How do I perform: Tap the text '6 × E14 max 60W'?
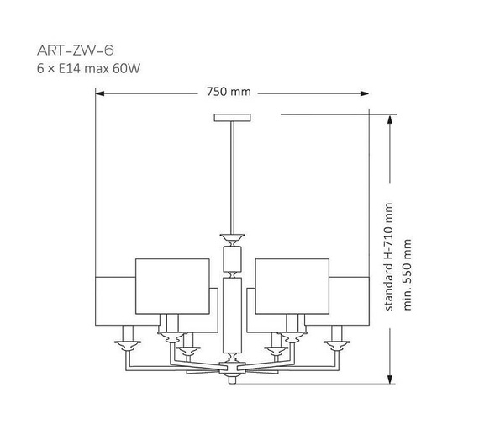pos(87,66)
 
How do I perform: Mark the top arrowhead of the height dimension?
pos(390,119)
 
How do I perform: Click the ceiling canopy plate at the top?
pos(232,116)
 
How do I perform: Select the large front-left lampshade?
pos(171,284)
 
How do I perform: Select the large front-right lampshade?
pos(291,284)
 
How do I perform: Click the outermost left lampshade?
pos(115,299)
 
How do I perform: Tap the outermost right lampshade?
pos(348,299)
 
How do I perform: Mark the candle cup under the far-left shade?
pos(126,342)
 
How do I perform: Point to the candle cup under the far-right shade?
pos(338,342)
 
